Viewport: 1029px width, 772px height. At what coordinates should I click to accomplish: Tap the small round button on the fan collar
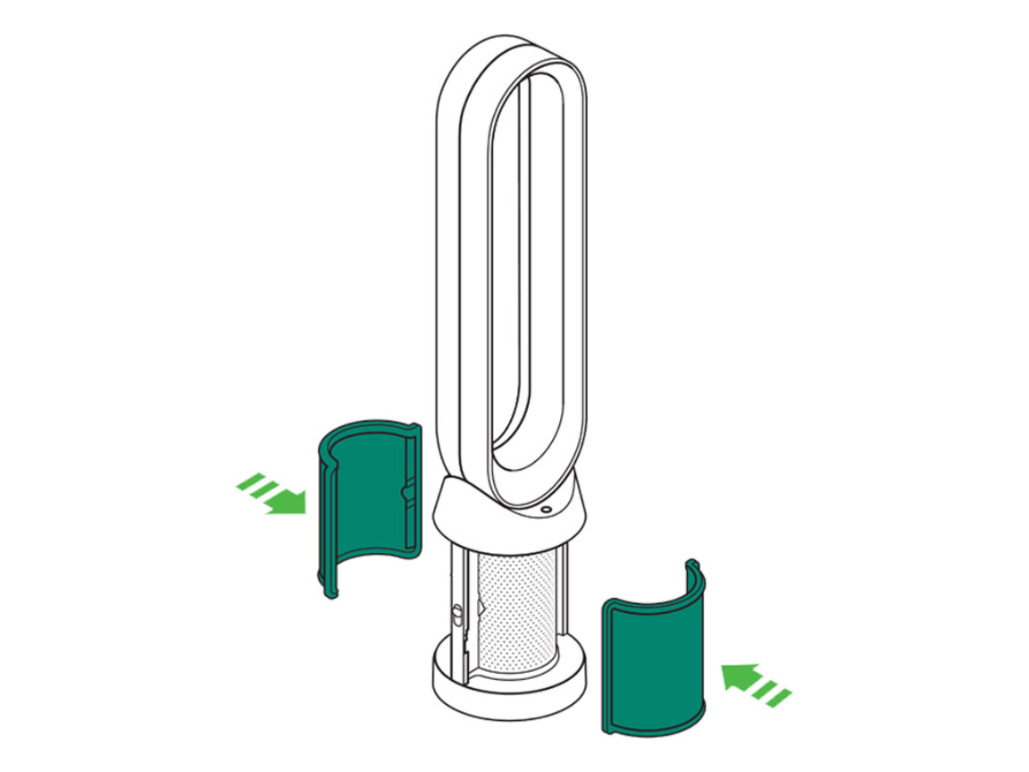546,509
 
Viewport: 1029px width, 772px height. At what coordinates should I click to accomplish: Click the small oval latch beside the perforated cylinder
456,616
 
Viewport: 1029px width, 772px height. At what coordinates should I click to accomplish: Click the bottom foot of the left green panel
329,590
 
